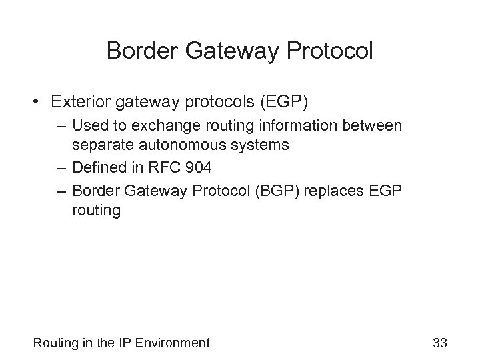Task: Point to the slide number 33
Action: click(439, 343)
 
